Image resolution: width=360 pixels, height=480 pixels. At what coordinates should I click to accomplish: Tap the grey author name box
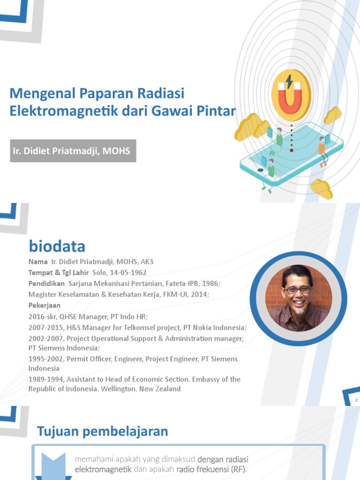click(x=73, y=151)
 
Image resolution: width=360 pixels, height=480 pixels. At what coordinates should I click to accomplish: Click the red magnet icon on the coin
click(x=291, y=97)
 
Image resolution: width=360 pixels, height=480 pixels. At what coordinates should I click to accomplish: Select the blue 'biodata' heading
click(x=57, y=246)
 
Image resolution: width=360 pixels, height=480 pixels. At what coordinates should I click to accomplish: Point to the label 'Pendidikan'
click(x=46, y=283)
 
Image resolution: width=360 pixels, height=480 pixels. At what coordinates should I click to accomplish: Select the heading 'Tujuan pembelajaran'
click(x=102, y=431)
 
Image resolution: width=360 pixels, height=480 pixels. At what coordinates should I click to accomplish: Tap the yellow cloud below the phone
click(x=321, y=189)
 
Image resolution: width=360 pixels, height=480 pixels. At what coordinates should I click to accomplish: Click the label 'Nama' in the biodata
click(x=38, y=262)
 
